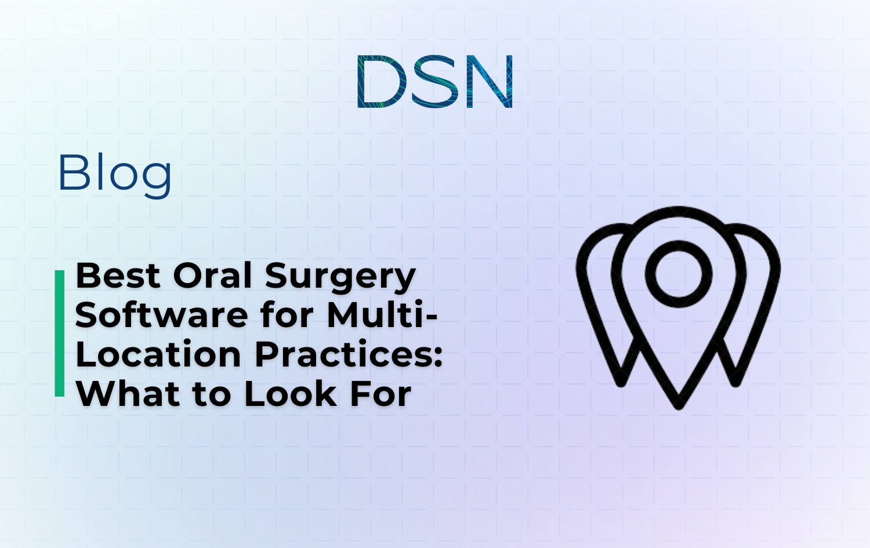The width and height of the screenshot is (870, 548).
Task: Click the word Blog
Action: point(115,173)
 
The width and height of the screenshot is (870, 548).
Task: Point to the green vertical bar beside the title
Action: point(59,333)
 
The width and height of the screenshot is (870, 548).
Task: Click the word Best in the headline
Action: point(118,276)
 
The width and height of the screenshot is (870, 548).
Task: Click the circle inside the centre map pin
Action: point(679,274)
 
